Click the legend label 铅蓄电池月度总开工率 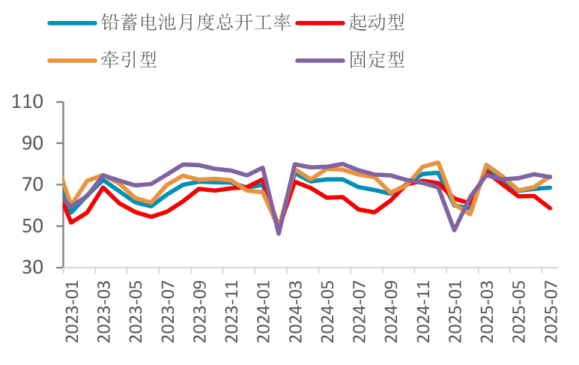pyautogui.click(x=195, y=22)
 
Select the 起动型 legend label pyautogui.click(x=377, y=22)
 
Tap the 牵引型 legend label pyautogui.click(x=129, y=59)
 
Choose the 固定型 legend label pyautogui.click(x=377, y=59)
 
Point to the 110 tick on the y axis pyautogui.click(x=28, y=102)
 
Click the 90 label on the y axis pyautogui.click(x=34, y=143)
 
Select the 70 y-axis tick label pyautogui.click(x=34, y=184)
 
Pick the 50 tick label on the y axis pyautogui.click(x=34, y=226)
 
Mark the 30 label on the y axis pyautogui.click(x=34, y=268)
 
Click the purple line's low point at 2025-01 pyautogui.click(x=455, y=229)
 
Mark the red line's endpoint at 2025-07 pyautogui.click(x=551, y=208)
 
